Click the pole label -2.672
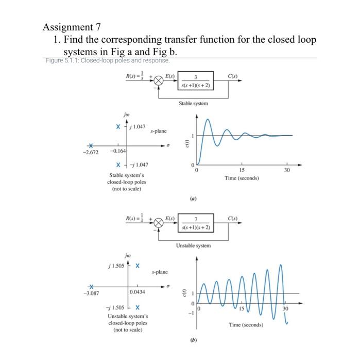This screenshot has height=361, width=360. [91, 152]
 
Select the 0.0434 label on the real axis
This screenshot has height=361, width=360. [138, 292]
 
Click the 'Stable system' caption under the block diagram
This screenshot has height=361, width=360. [193, 104]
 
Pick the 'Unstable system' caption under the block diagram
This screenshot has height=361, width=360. [193, 246]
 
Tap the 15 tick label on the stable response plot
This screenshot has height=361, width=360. [241, 171]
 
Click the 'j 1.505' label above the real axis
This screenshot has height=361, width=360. [115, 266]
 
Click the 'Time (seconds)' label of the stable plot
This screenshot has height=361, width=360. [242, 178]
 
